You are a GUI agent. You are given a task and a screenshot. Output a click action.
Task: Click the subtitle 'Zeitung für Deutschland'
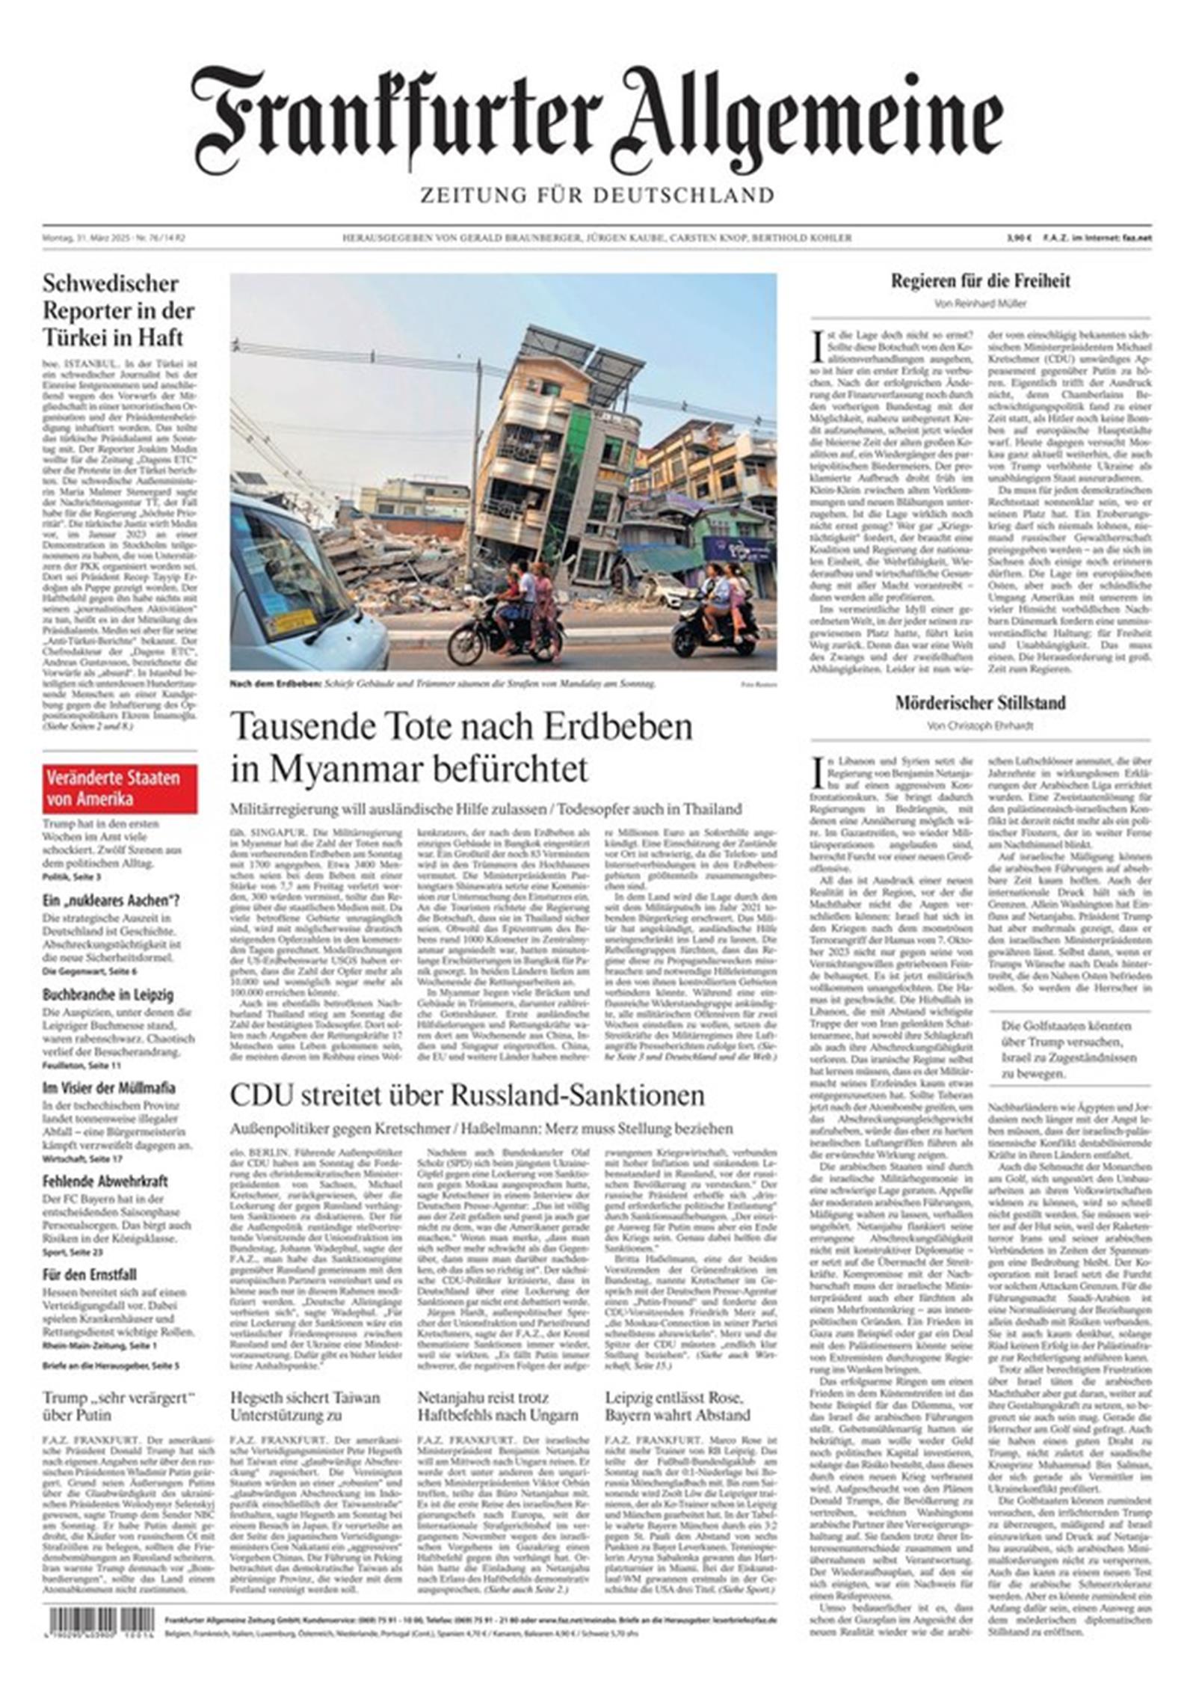pos(597,195)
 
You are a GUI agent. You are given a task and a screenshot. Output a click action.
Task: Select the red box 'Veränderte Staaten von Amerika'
pos(120,788)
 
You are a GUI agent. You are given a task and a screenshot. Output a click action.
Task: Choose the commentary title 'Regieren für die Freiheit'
pos(980,281)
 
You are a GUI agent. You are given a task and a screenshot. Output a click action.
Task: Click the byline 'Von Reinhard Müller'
pos(980,304)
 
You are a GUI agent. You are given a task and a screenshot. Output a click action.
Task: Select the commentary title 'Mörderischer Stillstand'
pos(980,703)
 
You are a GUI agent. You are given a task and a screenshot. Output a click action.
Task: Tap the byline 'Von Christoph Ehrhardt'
pos(980,725)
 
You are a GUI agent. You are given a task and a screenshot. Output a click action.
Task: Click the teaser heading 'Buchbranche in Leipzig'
pos(108,995)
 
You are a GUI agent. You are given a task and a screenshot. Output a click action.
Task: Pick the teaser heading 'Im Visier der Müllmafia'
pos(108,1088)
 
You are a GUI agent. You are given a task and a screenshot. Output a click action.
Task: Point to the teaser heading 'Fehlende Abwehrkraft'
pos(105,1182)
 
